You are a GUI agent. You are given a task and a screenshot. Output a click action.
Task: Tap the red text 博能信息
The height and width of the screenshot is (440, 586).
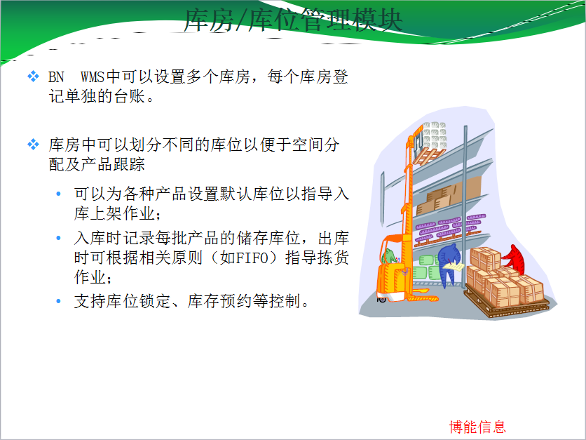coord(477,427)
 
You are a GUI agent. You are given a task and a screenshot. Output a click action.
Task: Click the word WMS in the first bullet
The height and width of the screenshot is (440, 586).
coord(93,76)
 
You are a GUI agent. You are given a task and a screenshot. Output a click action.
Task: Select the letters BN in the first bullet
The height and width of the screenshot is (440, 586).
coord(56,76)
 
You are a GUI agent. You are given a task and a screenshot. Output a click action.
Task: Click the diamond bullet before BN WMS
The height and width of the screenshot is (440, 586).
coord(33,76)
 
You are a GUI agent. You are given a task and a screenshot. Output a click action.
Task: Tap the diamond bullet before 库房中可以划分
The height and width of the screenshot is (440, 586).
coord(33,144)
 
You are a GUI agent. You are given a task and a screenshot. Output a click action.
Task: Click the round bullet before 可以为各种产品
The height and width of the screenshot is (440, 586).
coord(58,194)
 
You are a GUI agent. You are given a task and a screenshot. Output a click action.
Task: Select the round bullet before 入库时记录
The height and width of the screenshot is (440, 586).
coord(58,238)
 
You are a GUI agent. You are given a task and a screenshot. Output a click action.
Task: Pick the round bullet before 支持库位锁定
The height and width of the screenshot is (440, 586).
coord(58,301)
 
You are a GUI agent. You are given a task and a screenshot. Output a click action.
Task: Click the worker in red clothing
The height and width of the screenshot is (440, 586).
coord(515,258)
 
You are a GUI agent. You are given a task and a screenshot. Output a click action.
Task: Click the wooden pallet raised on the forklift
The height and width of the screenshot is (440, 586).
coord(429,155)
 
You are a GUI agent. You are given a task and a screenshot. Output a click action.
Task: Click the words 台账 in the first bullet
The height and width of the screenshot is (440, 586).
coord(122,96)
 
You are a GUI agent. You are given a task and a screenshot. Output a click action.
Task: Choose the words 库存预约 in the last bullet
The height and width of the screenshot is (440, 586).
coord(220,301)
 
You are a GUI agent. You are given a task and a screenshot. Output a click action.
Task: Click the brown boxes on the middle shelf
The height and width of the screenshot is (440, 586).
coord(449,196)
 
